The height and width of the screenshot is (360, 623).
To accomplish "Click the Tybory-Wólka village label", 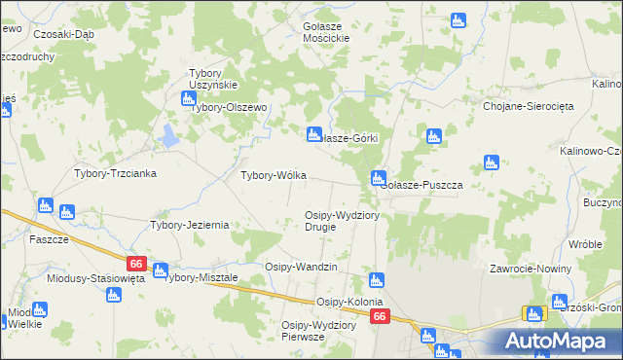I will (x=274, y=175).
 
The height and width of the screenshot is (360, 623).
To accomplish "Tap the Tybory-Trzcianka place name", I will (x=116, y=172).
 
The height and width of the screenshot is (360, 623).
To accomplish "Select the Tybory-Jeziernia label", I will (x=189, y=225).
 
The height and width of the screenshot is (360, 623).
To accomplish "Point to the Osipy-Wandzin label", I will (x=301, y=267).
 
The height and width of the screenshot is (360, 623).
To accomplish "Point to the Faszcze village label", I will (x=48, y=239).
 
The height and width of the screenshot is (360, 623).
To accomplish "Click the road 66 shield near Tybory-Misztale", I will (x=135, y=264).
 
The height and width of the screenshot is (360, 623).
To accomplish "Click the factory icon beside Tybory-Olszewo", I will (x=188, y=97).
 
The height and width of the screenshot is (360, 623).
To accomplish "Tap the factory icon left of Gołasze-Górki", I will (x=313, y=134).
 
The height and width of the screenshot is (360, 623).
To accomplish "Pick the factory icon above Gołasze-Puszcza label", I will (x=377, y=177).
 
